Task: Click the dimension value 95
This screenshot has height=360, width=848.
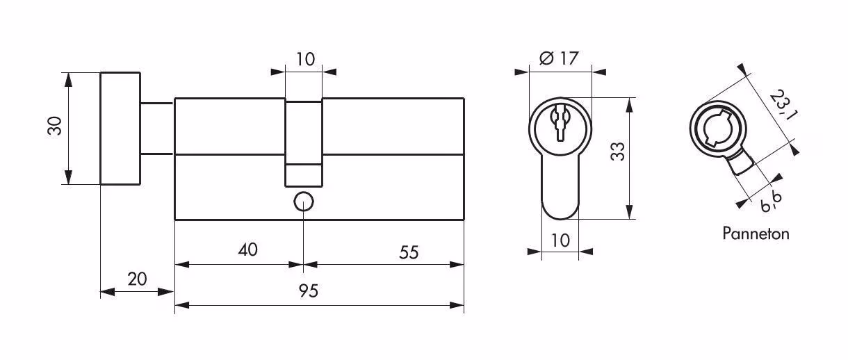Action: pyautogui.click(x=309, y=291)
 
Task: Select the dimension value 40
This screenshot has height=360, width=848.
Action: pyautogui.click(x=248, y=249)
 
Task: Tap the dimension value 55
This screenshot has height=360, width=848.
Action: pyautogui.click(x=409, y=252)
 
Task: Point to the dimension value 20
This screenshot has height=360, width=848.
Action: pyautogui.click(x=137, y=279)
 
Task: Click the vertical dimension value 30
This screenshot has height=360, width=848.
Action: pyautogui.click(x=55, y=126)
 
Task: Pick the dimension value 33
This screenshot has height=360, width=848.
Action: pyautogui.click(x=618, y=152)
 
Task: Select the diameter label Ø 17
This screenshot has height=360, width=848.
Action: pyautogui.click(x=559, y=58)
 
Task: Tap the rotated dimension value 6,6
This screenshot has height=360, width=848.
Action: pyautogui.click(x=771, y=202)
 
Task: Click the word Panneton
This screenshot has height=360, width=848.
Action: pyautogui.click(x=756, y=234)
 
